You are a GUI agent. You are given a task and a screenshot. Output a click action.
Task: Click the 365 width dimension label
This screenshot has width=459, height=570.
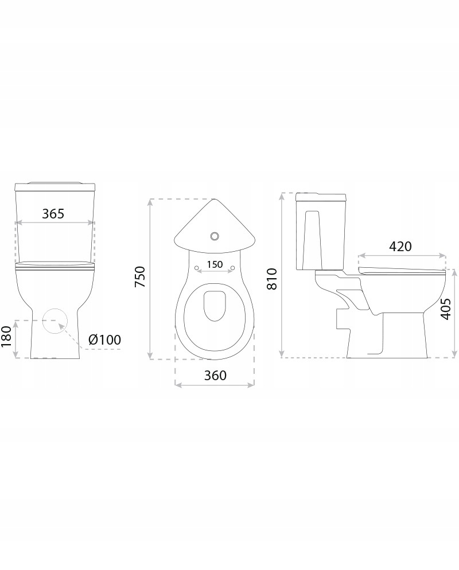coord(53,213)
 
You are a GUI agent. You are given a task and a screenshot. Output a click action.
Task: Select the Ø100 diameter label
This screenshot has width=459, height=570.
coord(104,339)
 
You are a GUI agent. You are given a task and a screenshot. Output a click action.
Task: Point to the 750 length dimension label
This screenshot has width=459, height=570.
coord(140,278)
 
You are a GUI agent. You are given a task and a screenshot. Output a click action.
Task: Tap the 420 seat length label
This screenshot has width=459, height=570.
coord(400,247)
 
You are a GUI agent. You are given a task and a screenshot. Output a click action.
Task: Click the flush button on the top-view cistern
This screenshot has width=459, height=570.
coord(215,236)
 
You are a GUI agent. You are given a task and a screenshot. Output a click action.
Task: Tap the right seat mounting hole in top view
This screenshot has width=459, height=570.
coord(233,268)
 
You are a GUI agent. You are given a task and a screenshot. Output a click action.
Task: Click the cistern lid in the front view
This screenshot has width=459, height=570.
coord(54,186)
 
